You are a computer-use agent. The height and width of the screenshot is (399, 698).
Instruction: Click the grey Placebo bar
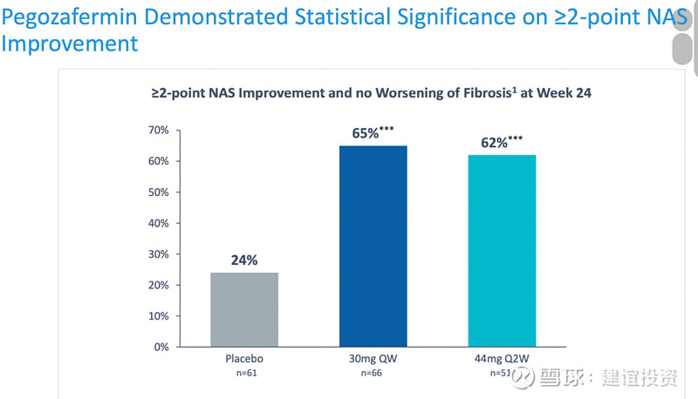point(244,309)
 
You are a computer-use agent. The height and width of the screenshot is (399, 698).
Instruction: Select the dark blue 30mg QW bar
point(373,246)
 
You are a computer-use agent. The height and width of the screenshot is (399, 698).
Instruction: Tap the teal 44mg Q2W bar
point(501,251)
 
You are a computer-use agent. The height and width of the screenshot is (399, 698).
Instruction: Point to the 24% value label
point(244,260)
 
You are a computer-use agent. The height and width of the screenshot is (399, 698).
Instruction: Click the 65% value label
point(366,133)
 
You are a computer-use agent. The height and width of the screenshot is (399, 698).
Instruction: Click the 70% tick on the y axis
point(157,131)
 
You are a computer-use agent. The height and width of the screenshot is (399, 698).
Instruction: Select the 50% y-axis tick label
point(157,193)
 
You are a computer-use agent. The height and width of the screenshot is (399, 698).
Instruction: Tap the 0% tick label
point(161,347)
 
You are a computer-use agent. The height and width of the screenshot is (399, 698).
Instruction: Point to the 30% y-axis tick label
point(157,254)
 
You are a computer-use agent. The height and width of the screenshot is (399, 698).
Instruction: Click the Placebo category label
point(244,359)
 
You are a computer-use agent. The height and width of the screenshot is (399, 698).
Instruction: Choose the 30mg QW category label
point(373,359)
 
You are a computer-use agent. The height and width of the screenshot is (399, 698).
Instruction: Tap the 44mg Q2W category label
point(501,359)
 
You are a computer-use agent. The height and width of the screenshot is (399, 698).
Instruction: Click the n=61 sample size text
point(244,373)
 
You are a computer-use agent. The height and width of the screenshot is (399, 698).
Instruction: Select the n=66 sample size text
point(373,373)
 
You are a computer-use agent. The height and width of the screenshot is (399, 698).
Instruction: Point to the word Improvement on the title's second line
point(70,43)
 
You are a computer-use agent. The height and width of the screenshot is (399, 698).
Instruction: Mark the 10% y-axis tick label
point(157,316)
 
